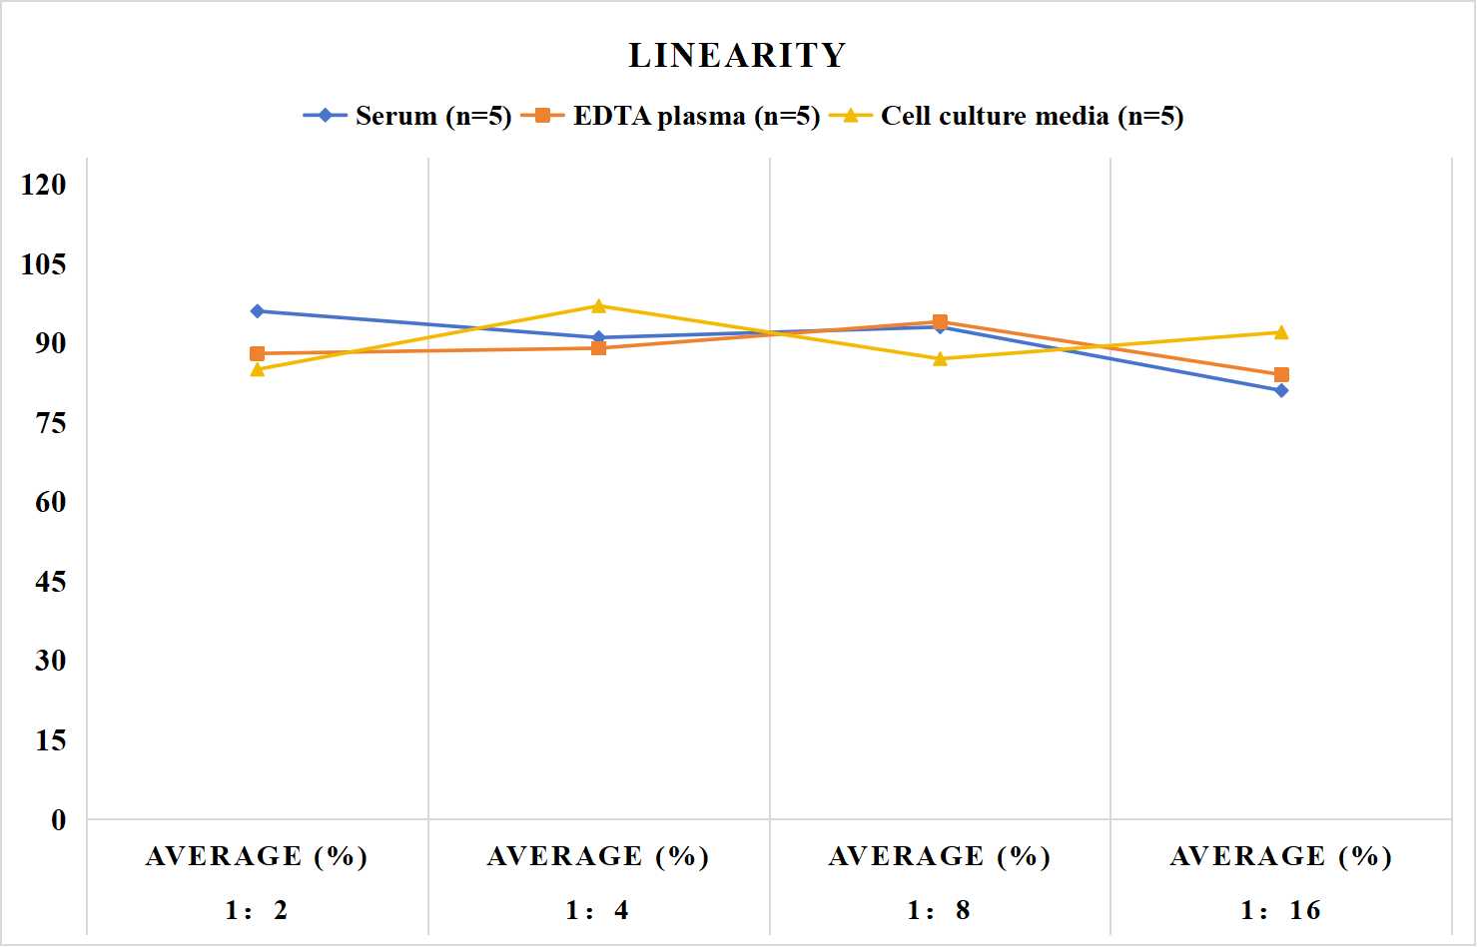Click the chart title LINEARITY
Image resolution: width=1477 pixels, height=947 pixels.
pyautogui.click(x=737, y=55)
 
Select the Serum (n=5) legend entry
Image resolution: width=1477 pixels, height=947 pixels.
pyautogui.click(x=407, y=116)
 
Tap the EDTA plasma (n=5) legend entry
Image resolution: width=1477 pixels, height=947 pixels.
pyautogui.click(x=670, y=116)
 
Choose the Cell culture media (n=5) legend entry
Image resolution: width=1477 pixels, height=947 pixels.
pyautogui.click(x=1007, y=116)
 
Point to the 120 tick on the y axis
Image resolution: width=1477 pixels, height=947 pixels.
pyautogui.click(x=44, y=185)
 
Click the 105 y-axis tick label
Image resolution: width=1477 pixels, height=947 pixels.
pyautogui.click(x=44, y=264)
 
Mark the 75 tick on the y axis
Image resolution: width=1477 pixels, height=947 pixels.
pyautogui.click(x=51, y=423)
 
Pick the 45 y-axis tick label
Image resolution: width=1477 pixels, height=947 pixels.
pyautogui.click(x=51, y=582)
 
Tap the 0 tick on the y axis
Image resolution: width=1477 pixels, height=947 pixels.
pyautogui.click(x=59, y=820)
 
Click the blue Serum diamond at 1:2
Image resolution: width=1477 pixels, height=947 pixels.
pyautogui.click(x=258, y=311)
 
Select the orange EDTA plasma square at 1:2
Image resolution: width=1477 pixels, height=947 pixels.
pyautogui.click(x=258, y=354)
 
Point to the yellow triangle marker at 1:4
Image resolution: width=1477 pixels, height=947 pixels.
pyautogui.click(x=599, y=305)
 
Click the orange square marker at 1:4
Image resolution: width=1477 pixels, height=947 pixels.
pyautogui.click(x=599, y=348)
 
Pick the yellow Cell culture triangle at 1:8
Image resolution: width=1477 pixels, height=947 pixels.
pyautogui.click(x=941, y=358)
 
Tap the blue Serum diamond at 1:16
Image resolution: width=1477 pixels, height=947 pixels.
pyautogui.click(x=1281, y=391)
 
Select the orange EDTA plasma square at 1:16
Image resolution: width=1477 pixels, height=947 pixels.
pyautogui.click(x=1281, y=375)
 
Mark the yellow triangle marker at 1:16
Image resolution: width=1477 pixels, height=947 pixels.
pyautogui.click(x=1281, y=332)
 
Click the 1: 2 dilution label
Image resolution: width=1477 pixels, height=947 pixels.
pyautogui.click(x=257, y=910)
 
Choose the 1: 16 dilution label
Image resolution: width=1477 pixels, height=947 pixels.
pyautogui.click(x=1281, y=910)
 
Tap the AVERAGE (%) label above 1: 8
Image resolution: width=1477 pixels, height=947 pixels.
pyautogui.click(x=940, y=857)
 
